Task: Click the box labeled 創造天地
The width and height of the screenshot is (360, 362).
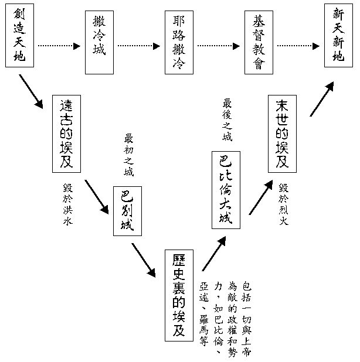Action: [19, 35]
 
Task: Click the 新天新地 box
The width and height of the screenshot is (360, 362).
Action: [338, 35]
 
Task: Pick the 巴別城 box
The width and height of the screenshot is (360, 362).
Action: [127, 211]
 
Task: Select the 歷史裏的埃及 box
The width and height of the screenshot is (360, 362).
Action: [179, 294]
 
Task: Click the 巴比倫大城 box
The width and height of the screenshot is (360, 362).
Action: [226, 189]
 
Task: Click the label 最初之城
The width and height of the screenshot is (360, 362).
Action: [128, 155]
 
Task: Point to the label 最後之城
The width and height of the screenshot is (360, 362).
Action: [227, 121]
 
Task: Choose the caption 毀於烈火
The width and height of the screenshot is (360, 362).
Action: [284, 204]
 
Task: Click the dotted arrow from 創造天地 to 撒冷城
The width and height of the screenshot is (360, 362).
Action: [59, 45]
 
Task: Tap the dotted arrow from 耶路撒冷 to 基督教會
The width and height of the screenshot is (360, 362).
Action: [218, 45]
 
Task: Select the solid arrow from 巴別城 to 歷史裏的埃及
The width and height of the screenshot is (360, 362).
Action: [144, 259]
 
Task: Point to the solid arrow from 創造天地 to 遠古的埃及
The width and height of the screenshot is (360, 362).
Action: [30, 91]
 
